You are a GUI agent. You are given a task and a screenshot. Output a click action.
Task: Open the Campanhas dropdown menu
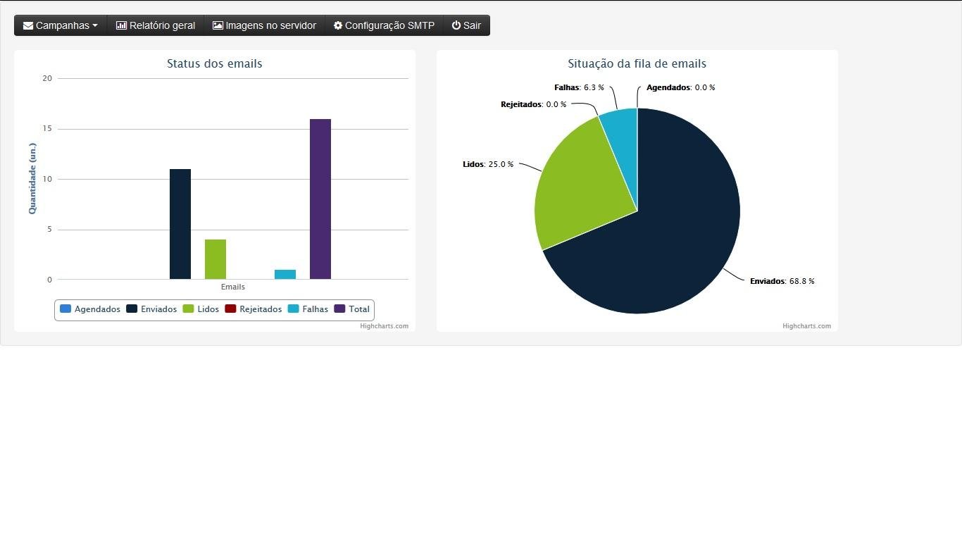61,25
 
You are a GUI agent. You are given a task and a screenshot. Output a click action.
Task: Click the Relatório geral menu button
156,25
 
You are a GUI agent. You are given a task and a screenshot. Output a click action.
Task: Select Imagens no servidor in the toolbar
265,25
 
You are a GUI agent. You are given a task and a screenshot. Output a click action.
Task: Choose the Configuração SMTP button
384,25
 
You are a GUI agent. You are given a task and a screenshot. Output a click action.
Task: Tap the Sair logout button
466,25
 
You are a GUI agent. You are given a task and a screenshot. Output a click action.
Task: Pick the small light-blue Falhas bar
285,274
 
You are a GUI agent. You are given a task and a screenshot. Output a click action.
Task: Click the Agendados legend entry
90,309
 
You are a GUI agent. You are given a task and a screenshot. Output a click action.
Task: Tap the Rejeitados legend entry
254,309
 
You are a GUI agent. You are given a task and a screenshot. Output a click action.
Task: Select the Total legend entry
352,309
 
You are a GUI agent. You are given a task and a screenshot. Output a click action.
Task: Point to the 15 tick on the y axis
47,129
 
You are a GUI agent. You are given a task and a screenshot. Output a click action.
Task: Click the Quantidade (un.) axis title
32,178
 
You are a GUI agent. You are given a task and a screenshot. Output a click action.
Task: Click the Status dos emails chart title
215,63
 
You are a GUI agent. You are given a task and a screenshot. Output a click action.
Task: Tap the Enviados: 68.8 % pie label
782,281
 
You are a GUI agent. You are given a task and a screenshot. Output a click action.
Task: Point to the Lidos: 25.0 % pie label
488,164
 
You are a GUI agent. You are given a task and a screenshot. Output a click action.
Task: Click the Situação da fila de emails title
637,63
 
